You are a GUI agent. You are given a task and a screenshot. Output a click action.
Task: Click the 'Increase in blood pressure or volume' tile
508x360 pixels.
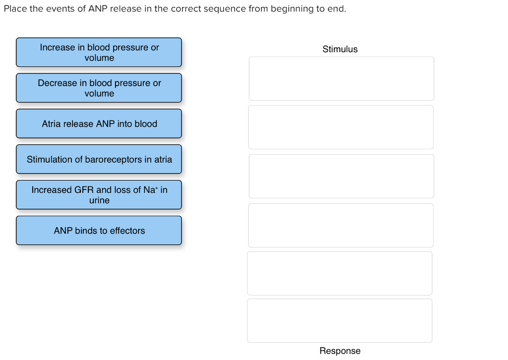point(99,52)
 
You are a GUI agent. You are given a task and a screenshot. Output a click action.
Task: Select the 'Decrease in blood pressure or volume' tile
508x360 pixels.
point(99,88)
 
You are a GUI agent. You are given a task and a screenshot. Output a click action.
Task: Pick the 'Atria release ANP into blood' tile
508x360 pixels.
point(99,123)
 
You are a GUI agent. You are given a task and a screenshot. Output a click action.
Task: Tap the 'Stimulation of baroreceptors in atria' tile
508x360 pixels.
point(99,159)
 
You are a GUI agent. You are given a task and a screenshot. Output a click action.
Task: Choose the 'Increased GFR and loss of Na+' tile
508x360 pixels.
point(99,195)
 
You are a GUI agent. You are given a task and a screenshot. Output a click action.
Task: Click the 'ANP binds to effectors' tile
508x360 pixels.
point(99,231)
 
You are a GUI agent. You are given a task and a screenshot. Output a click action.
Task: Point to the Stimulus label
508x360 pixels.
point(340,49)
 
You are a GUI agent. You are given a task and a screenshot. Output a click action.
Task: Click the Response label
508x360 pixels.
point(340,351)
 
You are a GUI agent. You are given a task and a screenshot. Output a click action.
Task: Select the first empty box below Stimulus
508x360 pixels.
point(341,78)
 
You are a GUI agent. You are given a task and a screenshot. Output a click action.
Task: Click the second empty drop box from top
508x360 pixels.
point(341,127)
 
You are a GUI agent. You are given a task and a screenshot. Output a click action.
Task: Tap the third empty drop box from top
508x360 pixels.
point(341,176)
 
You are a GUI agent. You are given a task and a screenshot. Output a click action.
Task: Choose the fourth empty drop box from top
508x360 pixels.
point(341,225)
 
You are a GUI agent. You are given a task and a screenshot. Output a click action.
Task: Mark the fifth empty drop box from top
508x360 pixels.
point(340,273)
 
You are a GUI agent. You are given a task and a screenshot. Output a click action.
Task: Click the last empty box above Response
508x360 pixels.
point(340,320)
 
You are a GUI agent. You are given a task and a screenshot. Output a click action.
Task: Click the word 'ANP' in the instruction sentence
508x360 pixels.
point(98,9)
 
